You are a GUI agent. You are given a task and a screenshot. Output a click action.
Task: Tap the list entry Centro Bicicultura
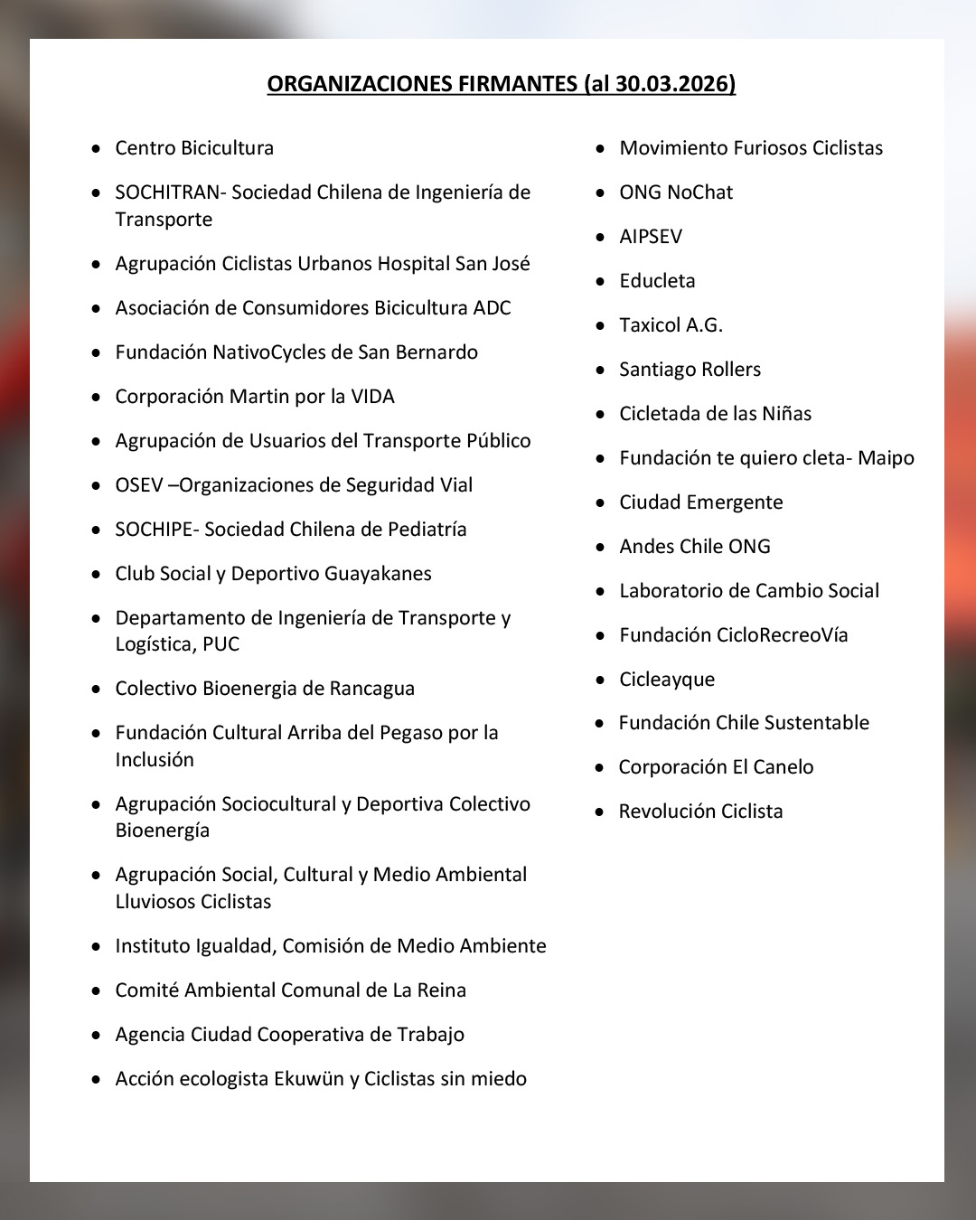pyautogui.click(x=194, y=148)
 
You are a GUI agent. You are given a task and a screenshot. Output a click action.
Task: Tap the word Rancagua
pyautogui.click(x=371, y=689)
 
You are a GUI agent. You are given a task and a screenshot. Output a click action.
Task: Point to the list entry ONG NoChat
pyautogui.click(x=676, y=192)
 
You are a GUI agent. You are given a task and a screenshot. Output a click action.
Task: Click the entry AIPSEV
pyautogui.click(x=651, y=237)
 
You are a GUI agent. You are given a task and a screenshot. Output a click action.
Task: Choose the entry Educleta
pyautogui.click(x=657, y=281)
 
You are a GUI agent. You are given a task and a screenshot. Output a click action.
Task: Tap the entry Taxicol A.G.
pyautogui.click(x=671, y=325)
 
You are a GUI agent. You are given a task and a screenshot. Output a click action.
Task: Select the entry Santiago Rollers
pyautogui.click(x=690, y=370)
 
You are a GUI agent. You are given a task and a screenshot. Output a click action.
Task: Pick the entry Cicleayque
pyautogui.click(x=667, y=680)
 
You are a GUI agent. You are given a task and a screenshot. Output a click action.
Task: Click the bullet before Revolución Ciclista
pyautogui.click(x=599, y=812)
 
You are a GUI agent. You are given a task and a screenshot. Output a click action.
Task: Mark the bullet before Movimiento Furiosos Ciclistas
pyautogui.click(x=600, y=148)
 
